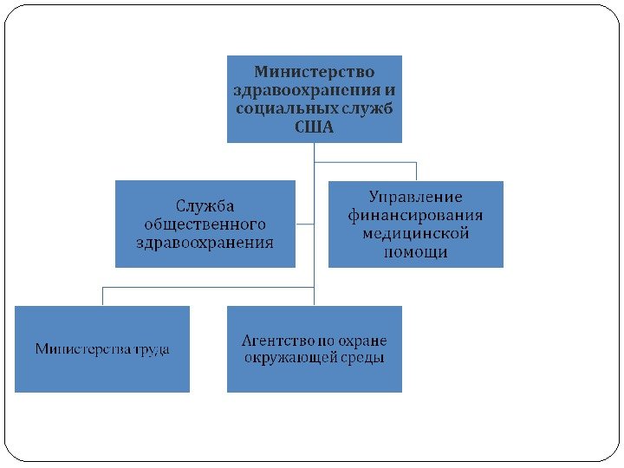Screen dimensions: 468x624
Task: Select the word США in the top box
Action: coord(314,127)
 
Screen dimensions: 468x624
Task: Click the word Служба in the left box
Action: coord(205,205)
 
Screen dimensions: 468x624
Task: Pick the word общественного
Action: coord(205,224)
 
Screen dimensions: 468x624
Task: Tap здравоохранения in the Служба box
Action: coord(205,243)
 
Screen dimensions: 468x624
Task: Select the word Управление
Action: coord(415,197)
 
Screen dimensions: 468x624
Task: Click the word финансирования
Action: coord(415,215)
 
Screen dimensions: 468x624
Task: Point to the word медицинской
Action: coord(415,233)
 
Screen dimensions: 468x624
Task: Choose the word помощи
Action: coord(415,252)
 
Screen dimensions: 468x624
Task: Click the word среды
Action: coord(364,358)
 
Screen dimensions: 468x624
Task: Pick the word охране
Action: coord(365,340)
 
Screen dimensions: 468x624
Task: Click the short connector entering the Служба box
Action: coord(304,224)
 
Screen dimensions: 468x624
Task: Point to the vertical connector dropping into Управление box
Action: coord(416,171)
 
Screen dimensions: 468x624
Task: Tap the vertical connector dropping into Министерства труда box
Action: coord(102,296)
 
